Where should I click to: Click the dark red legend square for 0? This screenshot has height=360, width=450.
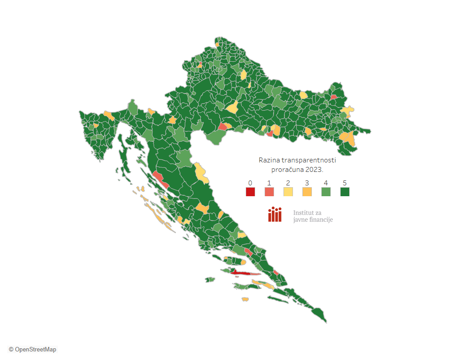[x=250, y=192]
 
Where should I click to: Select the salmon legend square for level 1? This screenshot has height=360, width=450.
[x=269, y=192]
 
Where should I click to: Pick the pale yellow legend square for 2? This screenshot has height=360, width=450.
[x=288, y=192]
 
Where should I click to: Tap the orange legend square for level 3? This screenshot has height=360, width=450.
[x=307, y=192]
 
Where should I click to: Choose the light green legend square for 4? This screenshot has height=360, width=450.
[x=326, y=192]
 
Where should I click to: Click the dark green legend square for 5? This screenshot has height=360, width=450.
[x=345, y=192]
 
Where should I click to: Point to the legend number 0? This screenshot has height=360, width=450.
[x=250, y=183]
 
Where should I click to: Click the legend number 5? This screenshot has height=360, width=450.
[x=345, y=183]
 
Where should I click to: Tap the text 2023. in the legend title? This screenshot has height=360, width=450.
[x=314, y=170]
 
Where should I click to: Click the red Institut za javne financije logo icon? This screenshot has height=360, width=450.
[x=274, y=215]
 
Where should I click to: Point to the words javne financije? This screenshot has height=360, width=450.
[x=313, y=220]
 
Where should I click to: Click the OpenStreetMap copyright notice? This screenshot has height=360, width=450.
[x=32, y=349]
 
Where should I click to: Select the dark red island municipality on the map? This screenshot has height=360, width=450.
[x=238, y=272]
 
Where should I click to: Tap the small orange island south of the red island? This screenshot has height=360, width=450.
[x=245, y=299]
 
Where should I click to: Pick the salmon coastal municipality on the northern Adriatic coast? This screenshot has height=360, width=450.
[x=160, y=179]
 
